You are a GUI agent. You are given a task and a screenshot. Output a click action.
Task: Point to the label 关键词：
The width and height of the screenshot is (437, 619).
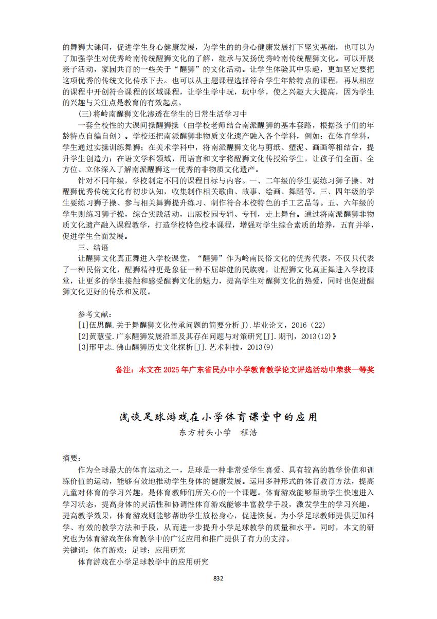pyautogui.click(x=74, y=550)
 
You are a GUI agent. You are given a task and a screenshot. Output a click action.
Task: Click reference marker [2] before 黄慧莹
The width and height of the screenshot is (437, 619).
pyautogui.click(x=83, y=336)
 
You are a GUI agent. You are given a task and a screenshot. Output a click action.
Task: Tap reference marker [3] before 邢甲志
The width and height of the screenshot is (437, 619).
pyautogui.click(x=83, y=347)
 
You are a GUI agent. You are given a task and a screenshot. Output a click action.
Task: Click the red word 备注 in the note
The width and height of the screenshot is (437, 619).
pyautogui.click(x=124, y=370)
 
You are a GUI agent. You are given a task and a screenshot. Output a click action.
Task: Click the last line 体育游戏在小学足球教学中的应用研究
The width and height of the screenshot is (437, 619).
pyautogui.click(x=143, y=562)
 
